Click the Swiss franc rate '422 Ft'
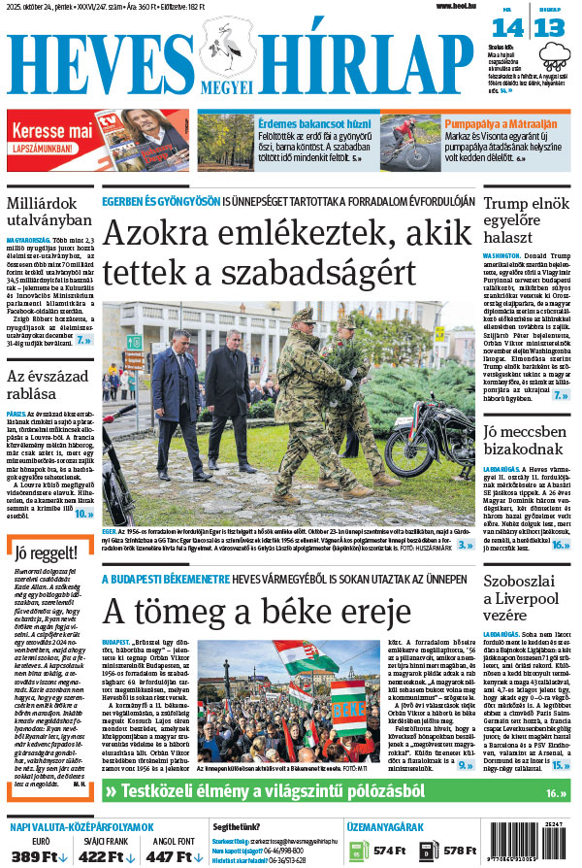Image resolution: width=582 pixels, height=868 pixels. [101, 855]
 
